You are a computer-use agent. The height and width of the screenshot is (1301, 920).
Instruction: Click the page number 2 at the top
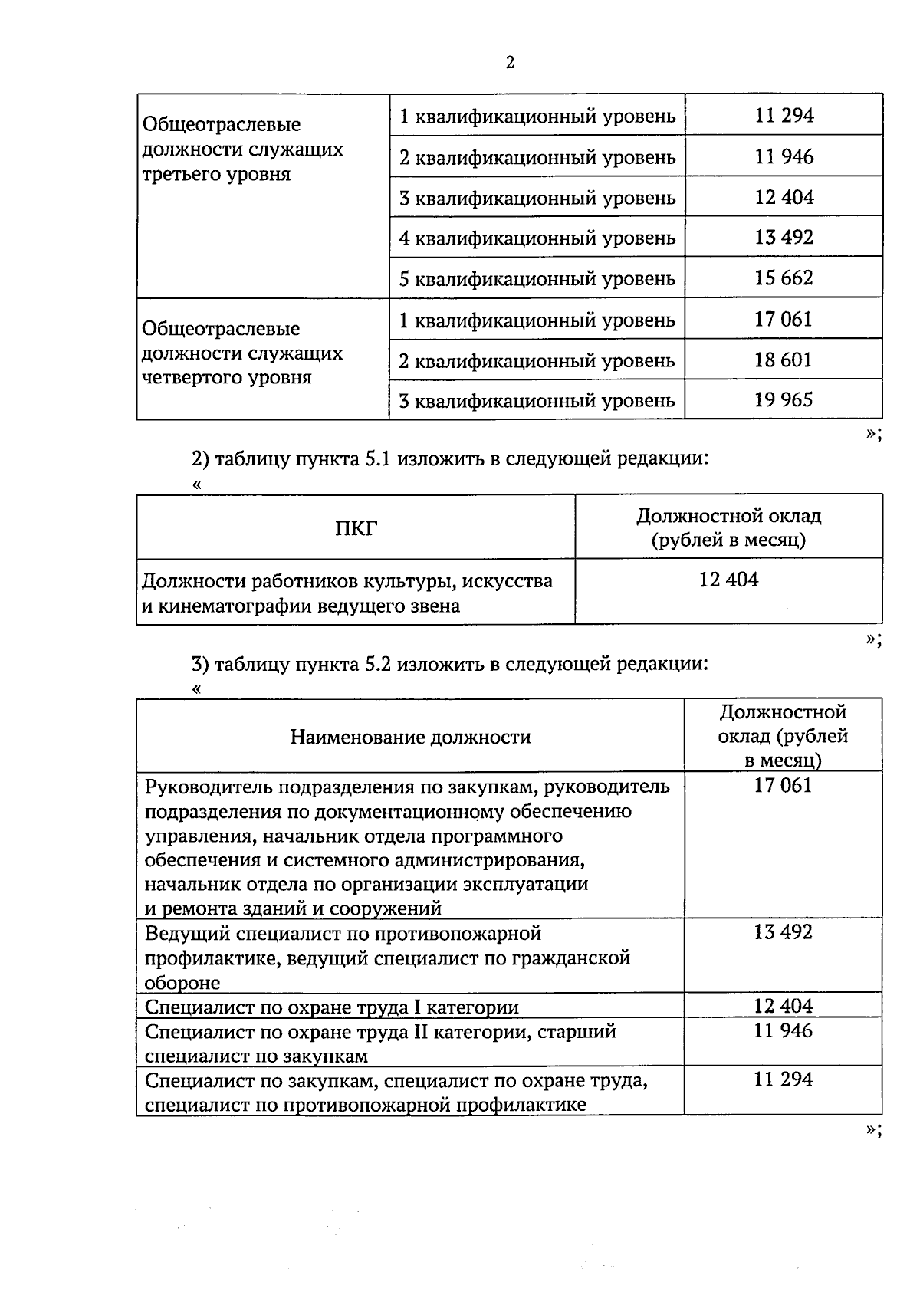tap(510, 63)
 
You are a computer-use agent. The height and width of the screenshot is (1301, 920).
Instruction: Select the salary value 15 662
tap(784, 278)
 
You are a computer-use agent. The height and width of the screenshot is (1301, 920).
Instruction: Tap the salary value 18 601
tap(784, 360)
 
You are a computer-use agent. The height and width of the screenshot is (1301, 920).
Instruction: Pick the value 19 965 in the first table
tap(784, 399)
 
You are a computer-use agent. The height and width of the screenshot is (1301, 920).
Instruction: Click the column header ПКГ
tap(356, 527)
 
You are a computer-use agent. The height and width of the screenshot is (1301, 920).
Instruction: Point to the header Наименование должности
tap(410, 737)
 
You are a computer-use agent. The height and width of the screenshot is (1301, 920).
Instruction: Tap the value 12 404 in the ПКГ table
tap(728, 580)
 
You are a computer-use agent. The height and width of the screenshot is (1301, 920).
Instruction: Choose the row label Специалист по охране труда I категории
tap(332, 1007)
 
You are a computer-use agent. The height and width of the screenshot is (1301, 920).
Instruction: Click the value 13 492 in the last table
tap(783, 932)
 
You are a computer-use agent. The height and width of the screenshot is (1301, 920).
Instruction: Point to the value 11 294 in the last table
tap(783, 1079)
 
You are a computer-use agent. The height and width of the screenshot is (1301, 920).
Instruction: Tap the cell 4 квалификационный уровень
tap(537, 238)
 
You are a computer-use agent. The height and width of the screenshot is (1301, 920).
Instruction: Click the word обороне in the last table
tap(182, 983)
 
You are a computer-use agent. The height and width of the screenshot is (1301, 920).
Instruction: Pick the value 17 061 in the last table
tap(783, 786)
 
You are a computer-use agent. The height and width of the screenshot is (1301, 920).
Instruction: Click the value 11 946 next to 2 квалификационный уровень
tap(784, 157)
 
